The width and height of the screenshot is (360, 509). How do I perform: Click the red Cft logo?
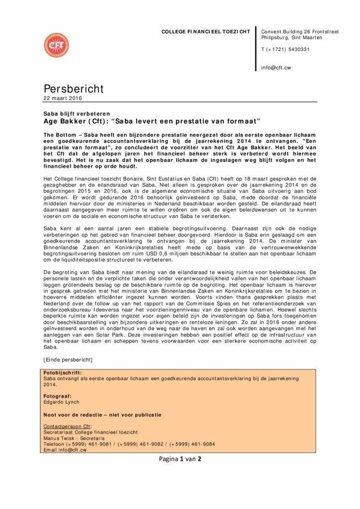pos(56,45)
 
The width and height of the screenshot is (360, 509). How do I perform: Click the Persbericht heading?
pos(74,88)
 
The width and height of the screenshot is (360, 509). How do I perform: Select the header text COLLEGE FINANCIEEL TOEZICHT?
pos(206,32)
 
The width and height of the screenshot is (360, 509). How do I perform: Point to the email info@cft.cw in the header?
pos(276,68)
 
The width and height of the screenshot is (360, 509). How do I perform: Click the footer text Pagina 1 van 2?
pos(180,459)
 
